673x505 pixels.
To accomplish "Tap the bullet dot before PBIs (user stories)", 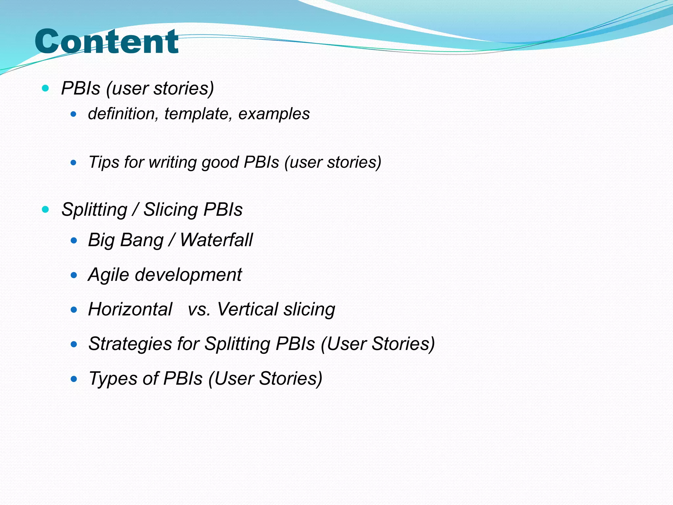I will (x=46, y=88).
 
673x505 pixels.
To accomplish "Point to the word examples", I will (x=274, y=114).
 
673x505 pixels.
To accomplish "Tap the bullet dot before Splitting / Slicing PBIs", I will (x=46, y=209).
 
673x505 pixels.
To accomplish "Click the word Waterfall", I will (x=216, y=240).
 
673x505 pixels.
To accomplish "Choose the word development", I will (x=188, y=275).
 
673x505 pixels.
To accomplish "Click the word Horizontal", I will (x=130, y=309).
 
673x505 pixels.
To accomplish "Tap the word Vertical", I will (x=248, y=309).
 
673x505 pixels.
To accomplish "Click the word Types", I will (x=114, y=379).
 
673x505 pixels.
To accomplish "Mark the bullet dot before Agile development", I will (x=74, y=275).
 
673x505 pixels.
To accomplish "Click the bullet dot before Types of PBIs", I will (x=74, y=379).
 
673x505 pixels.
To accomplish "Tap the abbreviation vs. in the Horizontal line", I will (x=199, y=310).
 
